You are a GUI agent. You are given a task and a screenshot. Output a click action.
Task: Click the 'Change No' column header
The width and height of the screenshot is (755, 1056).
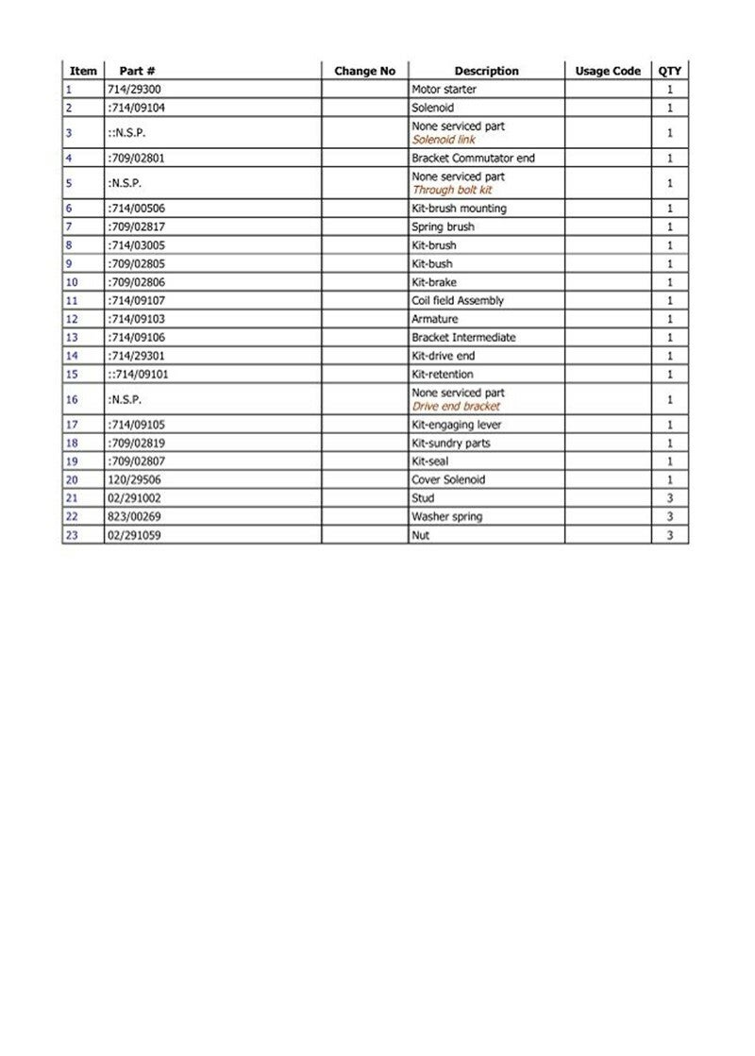coord(364,71)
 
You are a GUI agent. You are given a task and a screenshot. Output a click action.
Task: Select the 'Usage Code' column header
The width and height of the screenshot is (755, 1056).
coord(608,71)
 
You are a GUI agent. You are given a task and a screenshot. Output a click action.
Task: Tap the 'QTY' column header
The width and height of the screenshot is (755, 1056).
coord(670,71)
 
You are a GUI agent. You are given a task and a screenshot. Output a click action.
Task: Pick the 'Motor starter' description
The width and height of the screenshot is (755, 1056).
coord(445,90)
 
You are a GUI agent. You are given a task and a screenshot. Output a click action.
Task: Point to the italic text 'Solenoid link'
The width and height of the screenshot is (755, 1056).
coord(444,140)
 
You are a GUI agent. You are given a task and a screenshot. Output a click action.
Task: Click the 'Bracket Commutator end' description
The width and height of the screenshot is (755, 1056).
coord(473,158)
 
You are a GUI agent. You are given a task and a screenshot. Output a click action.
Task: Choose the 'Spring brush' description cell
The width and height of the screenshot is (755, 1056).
coord(443,226)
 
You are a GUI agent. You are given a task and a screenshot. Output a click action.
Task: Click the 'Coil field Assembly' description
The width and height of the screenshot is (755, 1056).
coord(458,300)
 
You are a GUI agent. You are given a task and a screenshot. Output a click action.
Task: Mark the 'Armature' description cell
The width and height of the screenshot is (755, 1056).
coord(434,319)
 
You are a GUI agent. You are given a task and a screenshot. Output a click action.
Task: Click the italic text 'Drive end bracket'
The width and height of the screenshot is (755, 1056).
coord(456,406)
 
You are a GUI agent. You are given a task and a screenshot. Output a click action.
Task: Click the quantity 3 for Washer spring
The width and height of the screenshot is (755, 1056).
coord(670,517)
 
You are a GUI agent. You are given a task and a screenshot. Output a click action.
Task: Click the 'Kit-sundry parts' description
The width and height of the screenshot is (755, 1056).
coord(451,444)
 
